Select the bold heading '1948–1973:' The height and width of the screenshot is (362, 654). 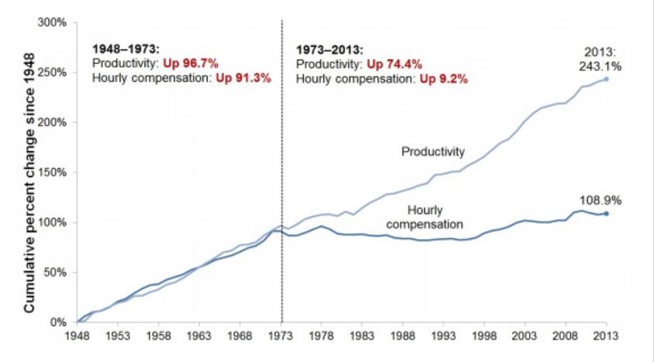[x=120, y=50]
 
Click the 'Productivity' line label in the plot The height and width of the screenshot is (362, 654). [x=433, y=152]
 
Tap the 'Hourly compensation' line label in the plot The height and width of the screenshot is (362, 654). [x=426, y=217]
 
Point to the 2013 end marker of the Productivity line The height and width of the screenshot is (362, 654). [x=606, y=79]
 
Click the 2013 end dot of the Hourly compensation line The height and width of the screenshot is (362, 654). [x=606, y=213]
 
